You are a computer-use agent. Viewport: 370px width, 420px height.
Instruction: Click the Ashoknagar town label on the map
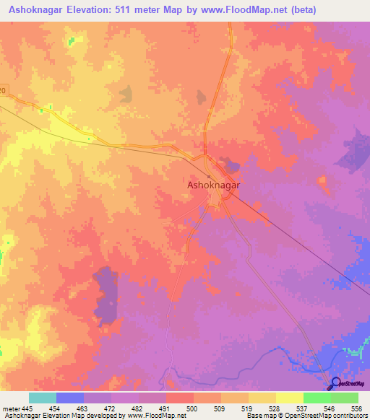tap(214, 185)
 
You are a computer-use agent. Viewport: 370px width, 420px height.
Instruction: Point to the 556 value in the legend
tap(355, 408)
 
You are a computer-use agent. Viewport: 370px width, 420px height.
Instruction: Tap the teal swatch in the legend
tap(43, 398)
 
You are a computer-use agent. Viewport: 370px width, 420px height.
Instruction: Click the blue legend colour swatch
tap(70, 398)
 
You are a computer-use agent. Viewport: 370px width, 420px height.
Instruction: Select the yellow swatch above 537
tap(289, 398)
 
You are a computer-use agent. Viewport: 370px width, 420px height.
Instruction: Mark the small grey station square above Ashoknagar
tap(209, 175)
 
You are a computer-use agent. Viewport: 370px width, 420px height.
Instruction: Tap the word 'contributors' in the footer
tap(348, 416)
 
